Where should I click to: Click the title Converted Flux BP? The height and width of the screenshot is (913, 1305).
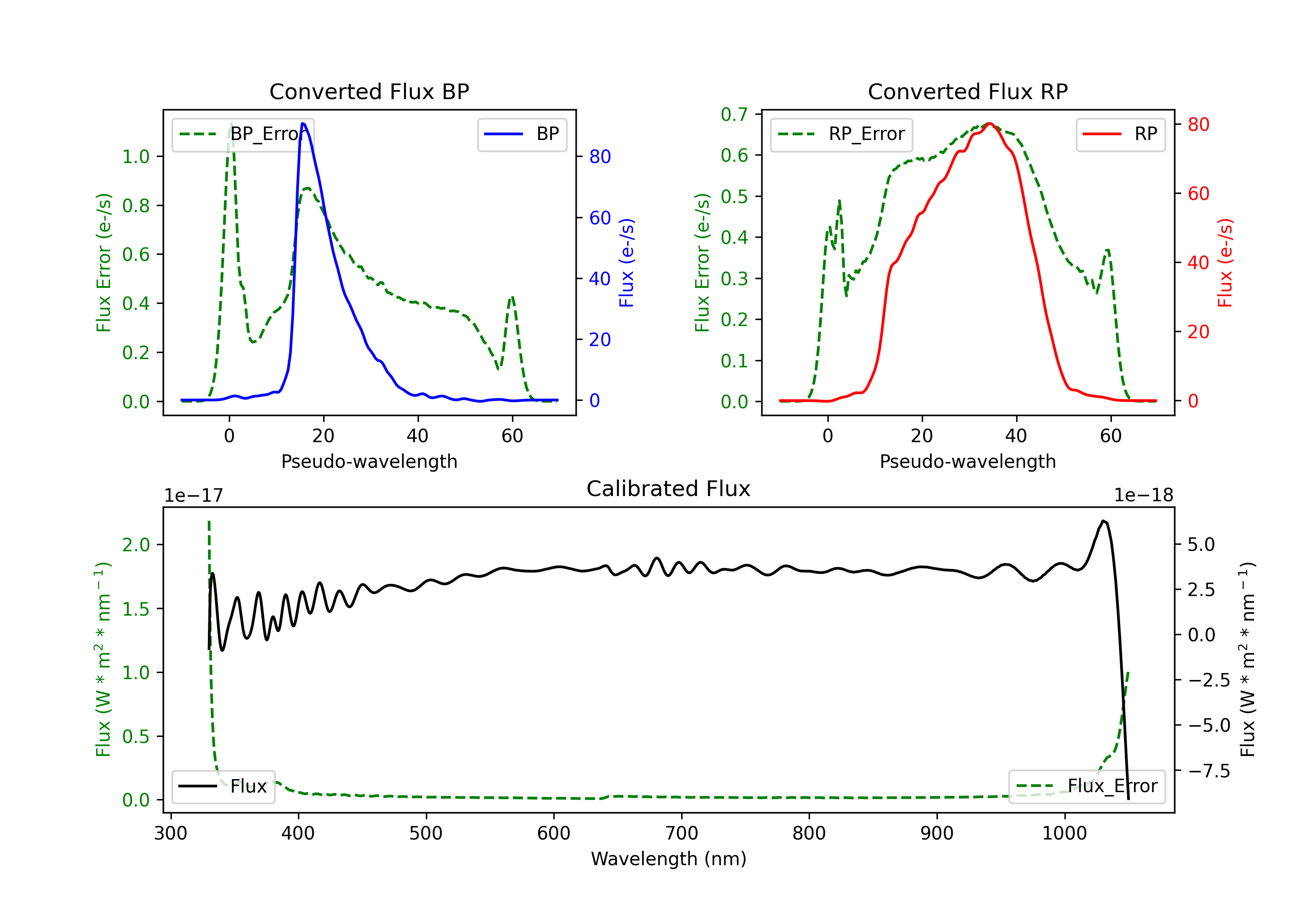pyautogui.click(x=369, y=91)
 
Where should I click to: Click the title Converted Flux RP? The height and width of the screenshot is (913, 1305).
pyautogui.click(x=967, y=91)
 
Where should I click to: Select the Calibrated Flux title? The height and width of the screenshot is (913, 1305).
pyautogui.click(x=669, y=489)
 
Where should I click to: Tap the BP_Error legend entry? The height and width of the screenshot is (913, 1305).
pyautogui.click(x=243, y=134)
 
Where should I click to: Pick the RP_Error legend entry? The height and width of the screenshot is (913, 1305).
pyautogui.click(x=841, y=134)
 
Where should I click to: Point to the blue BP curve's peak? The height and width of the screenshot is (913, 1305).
pyautogui.click(x=303, y=123)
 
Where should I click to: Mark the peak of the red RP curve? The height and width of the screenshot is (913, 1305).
pyautogui.click(x=990, y=123)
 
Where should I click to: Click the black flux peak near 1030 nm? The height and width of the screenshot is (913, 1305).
pyautogui.click(x=1103, y=520)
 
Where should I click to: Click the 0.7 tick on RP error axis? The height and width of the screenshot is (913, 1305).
pyautogui.click(x=734, y=114)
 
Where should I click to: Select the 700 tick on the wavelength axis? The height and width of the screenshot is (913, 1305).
pyautogui.click(x=682, y=833)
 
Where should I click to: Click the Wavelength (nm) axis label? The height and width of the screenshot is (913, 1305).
pyautogui.click(x=669, y=859)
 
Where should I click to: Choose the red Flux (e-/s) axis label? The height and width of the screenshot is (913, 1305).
pyautogui.click(x=1225, y=263)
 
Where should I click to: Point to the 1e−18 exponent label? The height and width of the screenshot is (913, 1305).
pyautogui.click(x=1144, y=496)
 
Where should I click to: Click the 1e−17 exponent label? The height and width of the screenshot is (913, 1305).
pyautogui.click(x=194, y=496)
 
